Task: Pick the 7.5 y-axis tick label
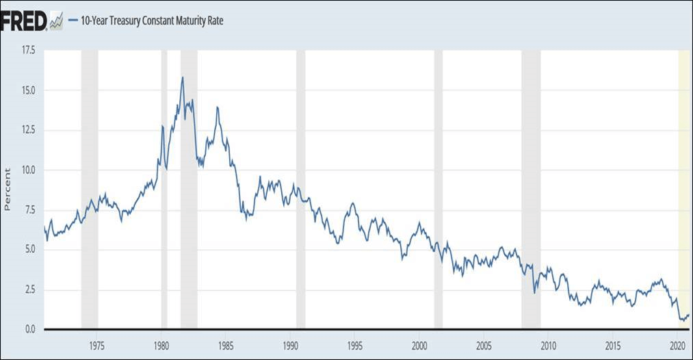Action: tap(29, 210)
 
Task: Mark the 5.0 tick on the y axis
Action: tap(29, 250)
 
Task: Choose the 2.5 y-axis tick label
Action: tap(29, 290)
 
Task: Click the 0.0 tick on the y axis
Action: tap(29, 329)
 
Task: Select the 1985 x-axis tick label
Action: tap(225, 344)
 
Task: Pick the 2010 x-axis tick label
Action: tap(548, 344)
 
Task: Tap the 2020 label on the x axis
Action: tap(677, 344)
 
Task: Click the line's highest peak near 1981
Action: tap(183, 77)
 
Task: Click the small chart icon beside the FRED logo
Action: tap(57, 21)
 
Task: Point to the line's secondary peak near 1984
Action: tap(217, 107)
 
